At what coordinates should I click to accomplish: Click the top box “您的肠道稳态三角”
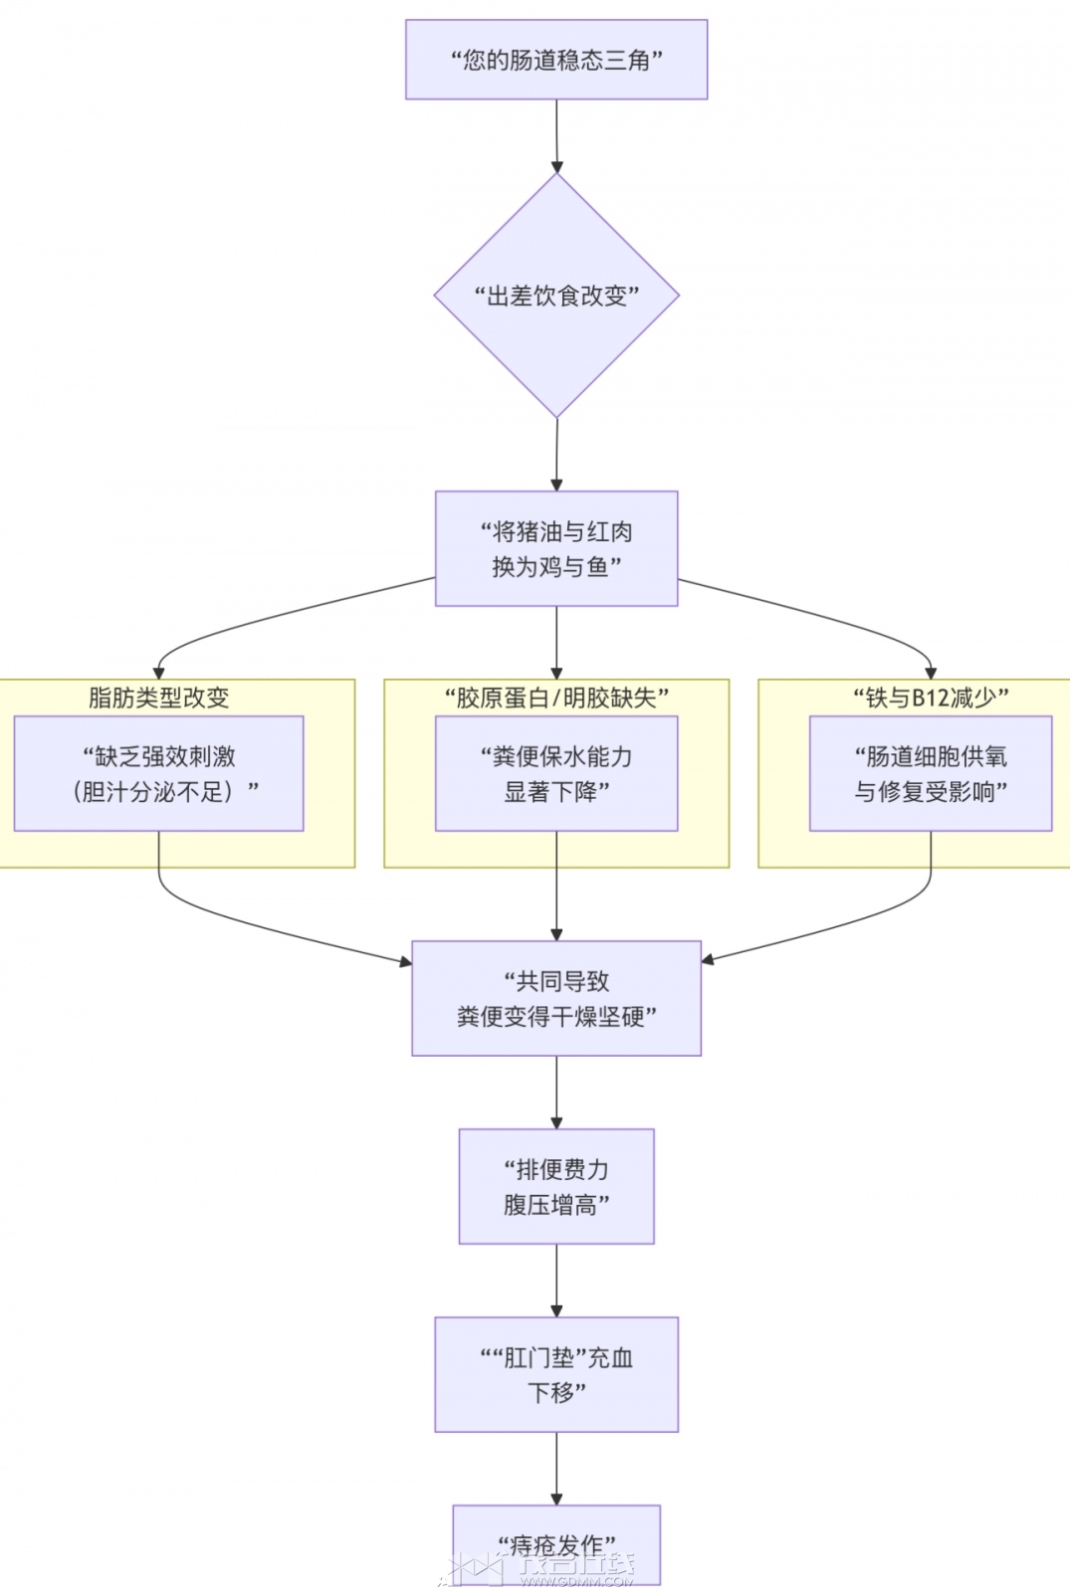click(556, 60)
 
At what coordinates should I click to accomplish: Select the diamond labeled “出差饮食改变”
click(556, 296)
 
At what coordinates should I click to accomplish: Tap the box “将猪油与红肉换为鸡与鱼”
click(556, 548)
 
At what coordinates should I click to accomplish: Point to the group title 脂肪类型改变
click(159, 697)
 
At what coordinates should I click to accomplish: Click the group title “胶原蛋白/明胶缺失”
click(556, 697)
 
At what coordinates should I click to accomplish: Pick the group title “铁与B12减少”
click(931, 697)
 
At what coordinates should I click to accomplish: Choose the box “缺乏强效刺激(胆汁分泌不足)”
click(159, 773)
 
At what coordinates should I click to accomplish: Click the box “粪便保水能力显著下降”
click(556, 773)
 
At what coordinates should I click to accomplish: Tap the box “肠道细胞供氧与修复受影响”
click(931, 773)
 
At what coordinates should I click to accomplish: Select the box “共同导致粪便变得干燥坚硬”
click(556, 998)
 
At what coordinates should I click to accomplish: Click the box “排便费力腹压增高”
click(556, 1186)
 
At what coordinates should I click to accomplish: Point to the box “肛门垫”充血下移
click(556, 1374)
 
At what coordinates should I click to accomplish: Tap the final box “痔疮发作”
click(556, 1544)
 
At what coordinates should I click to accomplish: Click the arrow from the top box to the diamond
click(556, 136)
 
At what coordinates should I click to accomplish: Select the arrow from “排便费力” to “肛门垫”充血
click(556, 1281)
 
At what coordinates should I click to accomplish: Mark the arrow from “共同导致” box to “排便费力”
click(556, 1093)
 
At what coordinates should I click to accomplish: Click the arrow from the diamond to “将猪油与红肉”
click(556, 455)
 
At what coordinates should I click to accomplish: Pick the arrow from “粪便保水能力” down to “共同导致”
click(556, 886)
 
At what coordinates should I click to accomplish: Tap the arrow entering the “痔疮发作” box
click(556, 1469)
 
